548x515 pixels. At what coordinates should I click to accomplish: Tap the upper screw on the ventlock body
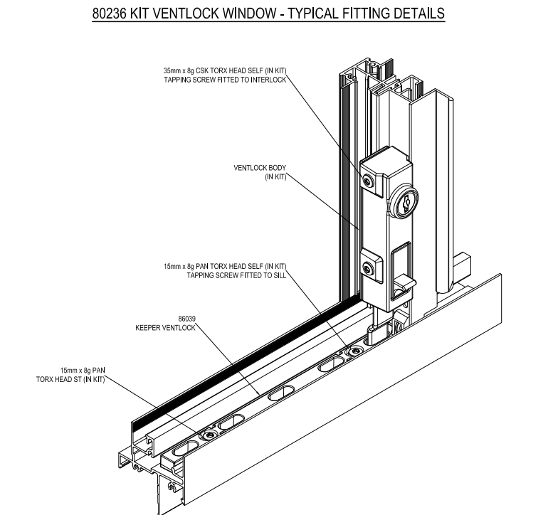[x=367, y=181]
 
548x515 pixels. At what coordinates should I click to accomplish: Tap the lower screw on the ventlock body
[x=367, y=267]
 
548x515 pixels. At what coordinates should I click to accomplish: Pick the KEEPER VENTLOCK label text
[x=165, y=328]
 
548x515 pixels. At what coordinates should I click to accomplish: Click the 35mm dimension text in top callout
[x=173, y=71]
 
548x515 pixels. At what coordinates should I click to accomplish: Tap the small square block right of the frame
[x=463, y=266]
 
